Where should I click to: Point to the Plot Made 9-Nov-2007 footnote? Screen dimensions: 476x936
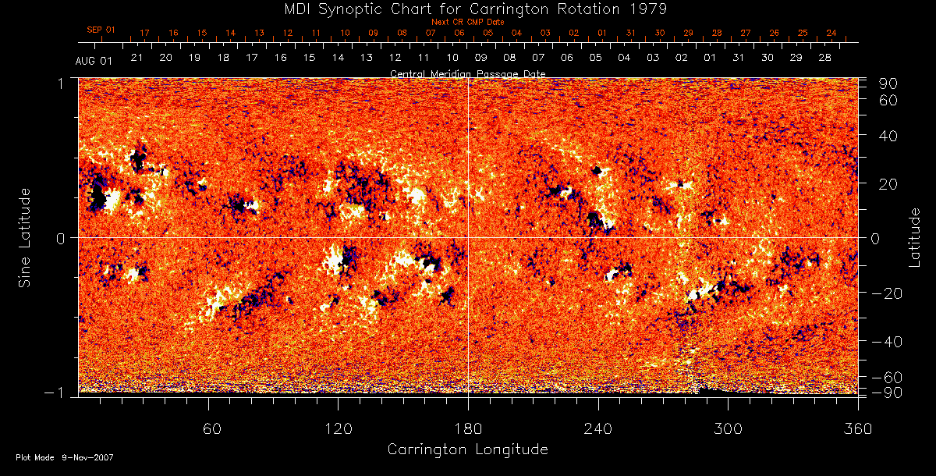(65, 457)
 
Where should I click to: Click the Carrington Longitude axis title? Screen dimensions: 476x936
(467, 449)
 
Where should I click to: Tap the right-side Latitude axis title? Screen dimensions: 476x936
(914, 237)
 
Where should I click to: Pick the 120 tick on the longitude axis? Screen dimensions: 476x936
(339, 428)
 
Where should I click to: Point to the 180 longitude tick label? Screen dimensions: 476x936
(468, 428)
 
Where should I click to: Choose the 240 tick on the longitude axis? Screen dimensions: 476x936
(598, 428)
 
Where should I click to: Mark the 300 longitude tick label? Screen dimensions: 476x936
(728, 428)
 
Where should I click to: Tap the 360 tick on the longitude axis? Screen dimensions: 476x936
(857, 428)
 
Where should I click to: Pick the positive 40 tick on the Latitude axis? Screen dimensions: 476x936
(888, 136)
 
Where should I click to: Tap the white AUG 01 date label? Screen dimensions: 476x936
(94, 61)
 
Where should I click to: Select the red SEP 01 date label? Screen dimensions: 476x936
(101, 30)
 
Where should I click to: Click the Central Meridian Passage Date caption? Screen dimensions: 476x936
(467, 73)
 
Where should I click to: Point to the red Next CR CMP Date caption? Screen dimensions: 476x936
(467, 23)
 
